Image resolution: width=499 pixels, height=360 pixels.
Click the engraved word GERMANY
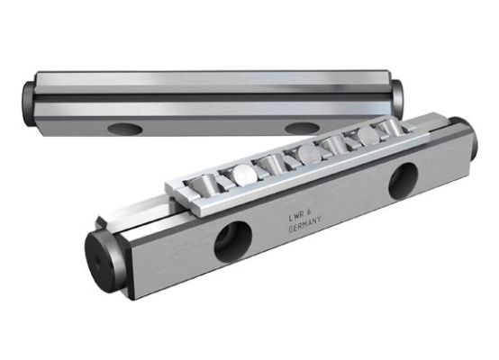pos(304,225)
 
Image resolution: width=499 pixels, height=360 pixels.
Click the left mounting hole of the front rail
pos(233,241)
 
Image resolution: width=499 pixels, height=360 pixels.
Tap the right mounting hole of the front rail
pos(404,181)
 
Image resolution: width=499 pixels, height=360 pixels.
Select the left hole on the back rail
pos(125,129)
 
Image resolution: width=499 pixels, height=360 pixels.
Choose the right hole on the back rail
pos(303,128)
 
